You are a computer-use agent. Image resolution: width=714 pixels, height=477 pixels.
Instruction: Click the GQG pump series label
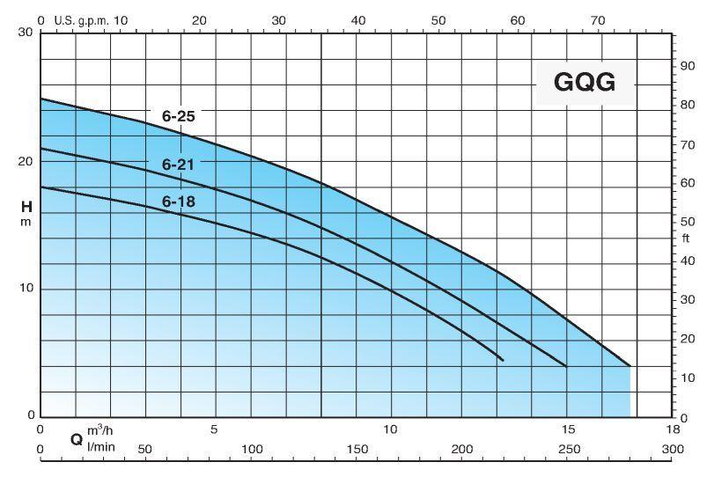pyautogui.click(x=584, y=83)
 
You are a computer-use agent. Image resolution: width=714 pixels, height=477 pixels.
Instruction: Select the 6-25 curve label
pyautogui.click(x=178, y=116)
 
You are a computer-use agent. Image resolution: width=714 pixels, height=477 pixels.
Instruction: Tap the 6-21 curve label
pyautogui.click(x=178, y=163)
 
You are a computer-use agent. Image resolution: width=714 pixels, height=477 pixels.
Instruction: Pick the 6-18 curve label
pyautogui.click(x=178, y=202)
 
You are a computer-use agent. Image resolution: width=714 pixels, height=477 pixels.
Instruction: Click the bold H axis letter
pyautogui.click(x=26, y=208)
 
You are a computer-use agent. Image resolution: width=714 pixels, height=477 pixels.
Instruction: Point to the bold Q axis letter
pyautogui.click(x=77, y=437)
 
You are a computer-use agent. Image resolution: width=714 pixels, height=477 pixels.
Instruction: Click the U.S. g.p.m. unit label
pyautogui.click(x=79, y=19)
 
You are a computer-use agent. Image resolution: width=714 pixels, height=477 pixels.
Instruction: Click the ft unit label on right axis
pyautogui.click(x=686, y=238)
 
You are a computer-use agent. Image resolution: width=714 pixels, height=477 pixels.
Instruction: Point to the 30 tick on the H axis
pyautogui.click(x=25, y=33)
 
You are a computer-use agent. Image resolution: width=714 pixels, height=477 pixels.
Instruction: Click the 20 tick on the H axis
pyautogui.click(x=25, y=162)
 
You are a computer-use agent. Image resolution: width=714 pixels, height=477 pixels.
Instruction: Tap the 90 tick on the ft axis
pyautogui.click(x=687, y=67)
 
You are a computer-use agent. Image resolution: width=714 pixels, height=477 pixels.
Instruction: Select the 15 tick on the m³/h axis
pyautogui.click(x=568, y=430)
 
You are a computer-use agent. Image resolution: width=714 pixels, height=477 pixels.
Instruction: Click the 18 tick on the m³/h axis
pyautogui.click(x=673, y=430)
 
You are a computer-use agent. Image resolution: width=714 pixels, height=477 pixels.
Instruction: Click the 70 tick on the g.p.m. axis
pyautogui.click(x=598, y=19)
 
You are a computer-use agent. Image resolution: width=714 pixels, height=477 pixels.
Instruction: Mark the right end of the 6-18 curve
pyautogui.click(x=503, y=360)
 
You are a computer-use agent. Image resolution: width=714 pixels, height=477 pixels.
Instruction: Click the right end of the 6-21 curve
pyautogui.click(x=565, y=366)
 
